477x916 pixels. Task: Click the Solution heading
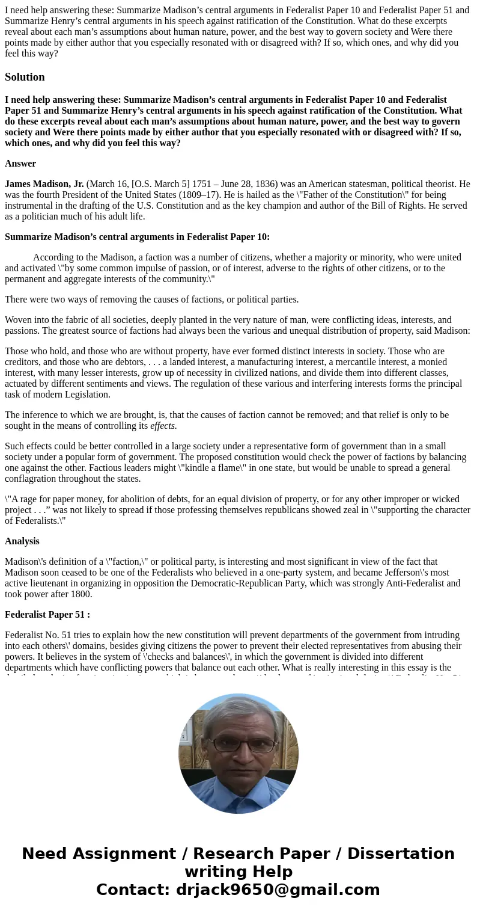coord(25,77)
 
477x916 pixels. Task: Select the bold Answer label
coord(20,164)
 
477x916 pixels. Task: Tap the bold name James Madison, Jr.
coord(44,184)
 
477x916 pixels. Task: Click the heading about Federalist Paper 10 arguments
coord(137,237)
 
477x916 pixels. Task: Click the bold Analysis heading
coord(22,541)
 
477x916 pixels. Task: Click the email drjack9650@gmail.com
coord(278,890)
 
